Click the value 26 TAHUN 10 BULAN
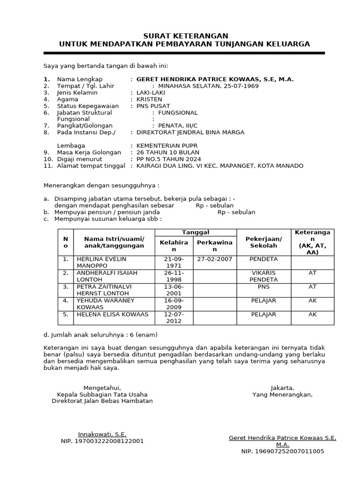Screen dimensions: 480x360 [x=167, y=152]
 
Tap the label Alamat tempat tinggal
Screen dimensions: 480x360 [x=91, y=165]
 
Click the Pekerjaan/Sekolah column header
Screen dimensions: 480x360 [x=263, y=242]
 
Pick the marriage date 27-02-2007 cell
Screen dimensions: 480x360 [x=215, y=259]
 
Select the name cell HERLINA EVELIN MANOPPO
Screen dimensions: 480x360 [x=101, y=262]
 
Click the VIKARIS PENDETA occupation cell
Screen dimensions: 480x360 [x=263, y=276]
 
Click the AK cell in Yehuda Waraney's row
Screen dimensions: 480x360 [x=313, y=300]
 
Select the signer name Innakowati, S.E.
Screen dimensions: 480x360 [x=102, y=435]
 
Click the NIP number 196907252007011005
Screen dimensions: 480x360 [x=282, y=451]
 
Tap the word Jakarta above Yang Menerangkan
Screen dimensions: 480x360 [x=282, y=388]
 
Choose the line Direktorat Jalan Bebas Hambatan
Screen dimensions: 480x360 [x=102, y=401]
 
